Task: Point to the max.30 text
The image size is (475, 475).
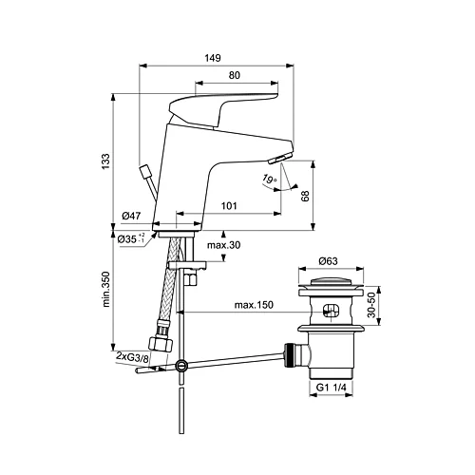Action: coord(225,247)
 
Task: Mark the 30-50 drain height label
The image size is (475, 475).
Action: coord(375,304)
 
